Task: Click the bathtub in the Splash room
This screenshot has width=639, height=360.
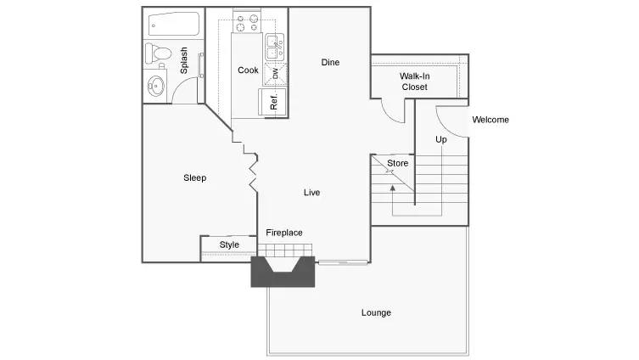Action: pos(174,24)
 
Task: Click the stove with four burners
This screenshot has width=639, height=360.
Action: pos(247,22)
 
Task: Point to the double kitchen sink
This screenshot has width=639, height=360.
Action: pos(275,48)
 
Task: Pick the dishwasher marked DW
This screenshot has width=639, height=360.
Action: pos(275,74)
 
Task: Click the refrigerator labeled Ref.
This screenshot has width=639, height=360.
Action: pos(273,102)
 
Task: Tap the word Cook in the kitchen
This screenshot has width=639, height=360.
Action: pos(248,70)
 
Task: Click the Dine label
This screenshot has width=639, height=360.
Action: pos(330,62)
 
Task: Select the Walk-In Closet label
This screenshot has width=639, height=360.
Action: pos(414,82)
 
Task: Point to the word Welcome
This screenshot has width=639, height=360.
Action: pos(490,120)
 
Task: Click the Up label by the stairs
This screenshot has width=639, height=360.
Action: pos(441,139)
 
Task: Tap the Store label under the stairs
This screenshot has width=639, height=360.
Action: pos(397,164)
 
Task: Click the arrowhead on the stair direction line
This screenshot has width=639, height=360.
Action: pos(392,188)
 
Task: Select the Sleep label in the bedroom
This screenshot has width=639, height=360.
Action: pos(195,177)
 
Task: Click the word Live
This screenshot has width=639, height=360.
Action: pos(311,193)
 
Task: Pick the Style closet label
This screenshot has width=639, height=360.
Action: pos(229,245)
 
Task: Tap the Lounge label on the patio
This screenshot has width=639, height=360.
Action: pos(376,312)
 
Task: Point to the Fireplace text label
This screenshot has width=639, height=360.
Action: pos(284,233)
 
